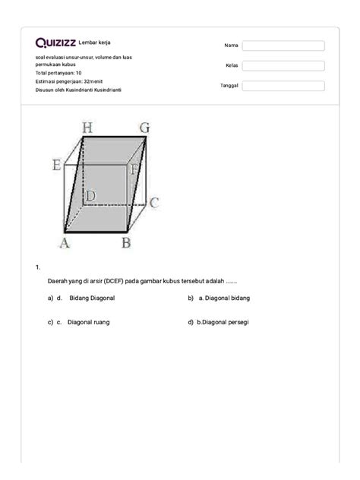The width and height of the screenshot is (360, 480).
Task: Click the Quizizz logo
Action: coord(55,43)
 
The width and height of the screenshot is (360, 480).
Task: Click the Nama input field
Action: coord(283,46)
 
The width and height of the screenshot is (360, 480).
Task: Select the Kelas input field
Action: coord(283,66)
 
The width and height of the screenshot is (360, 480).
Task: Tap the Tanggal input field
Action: coord(283,86)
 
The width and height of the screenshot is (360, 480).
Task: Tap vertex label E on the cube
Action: coord(56,164)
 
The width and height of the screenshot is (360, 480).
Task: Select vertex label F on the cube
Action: coord(134,171)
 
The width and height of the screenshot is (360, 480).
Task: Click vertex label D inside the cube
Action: coord(90,197)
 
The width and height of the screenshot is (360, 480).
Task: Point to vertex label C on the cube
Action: coord(153,203)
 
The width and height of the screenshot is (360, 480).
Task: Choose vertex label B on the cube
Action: coord(126,243)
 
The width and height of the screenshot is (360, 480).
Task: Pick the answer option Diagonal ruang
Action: coord(88,322)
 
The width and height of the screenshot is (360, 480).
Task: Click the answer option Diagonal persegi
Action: coord(226,322)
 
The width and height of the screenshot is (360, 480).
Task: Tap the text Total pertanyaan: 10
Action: coord(64,73)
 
